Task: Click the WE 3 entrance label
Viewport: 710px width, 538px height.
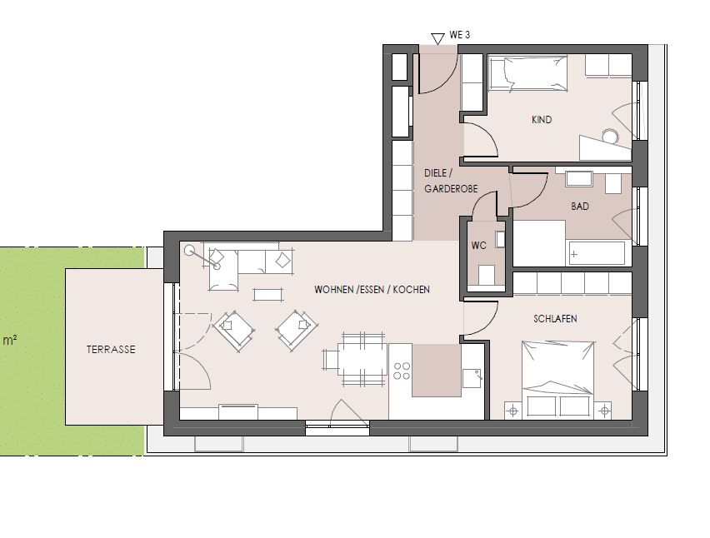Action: (460, 36)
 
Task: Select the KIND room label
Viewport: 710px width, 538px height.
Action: (542, 120)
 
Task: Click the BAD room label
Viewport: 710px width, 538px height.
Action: (580, 206)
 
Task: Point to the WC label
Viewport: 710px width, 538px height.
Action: (479, 246)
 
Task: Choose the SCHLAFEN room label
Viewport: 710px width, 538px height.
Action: (555, 319)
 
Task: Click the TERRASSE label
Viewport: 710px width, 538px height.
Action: (110, 350)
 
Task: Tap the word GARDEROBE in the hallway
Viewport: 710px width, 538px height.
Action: (450, 190)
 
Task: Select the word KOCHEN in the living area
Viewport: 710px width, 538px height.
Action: (412, 290)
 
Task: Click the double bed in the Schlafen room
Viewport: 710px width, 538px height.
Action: (558, 371)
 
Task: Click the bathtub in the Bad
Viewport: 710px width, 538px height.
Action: (596, 252)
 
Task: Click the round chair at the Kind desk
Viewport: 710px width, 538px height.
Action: (611, 136)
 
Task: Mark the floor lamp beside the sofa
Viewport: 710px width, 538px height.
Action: (191, 249)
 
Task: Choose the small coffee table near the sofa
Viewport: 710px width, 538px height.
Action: (267, 293)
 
